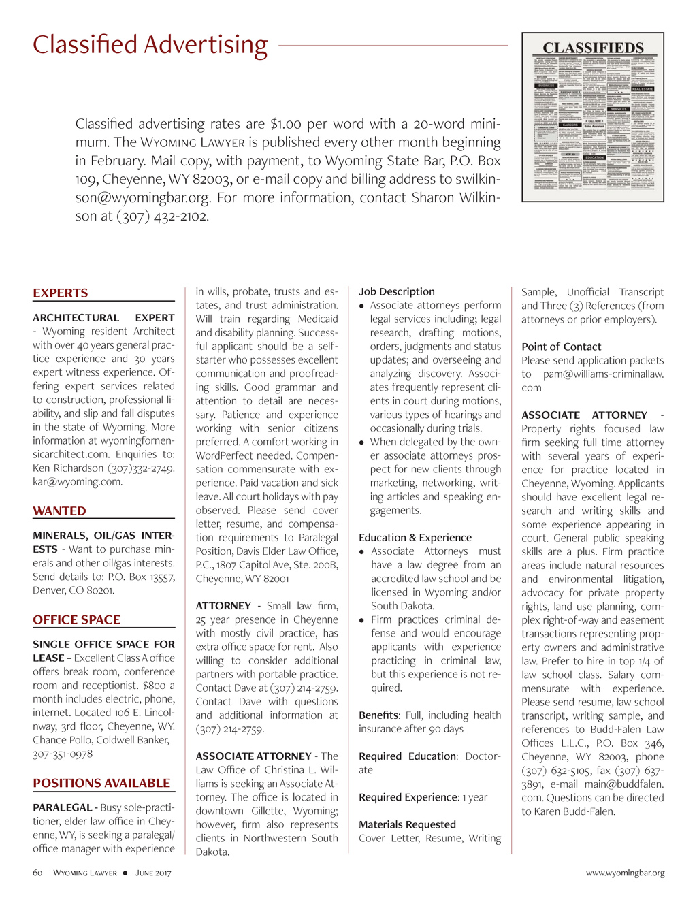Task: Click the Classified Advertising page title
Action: pos(150,45)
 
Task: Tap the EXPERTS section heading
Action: pos(61,293)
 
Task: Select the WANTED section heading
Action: pos(59,511)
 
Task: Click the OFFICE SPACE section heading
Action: pos(76,620)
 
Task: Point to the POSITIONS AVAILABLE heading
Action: pos(101,784)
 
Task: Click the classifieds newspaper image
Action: pos(593,117)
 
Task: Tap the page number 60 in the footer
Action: pos(37,873)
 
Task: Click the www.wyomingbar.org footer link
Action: pos(625,873)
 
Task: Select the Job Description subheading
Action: pos(396,291)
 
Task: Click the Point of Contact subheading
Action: pos(561,347)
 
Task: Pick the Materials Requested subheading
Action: pos(407,824)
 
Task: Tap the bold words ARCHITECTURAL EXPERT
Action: pos(103,318)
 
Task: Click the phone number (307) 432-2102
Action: pos(163,216)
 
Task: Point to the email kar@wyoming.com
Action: pos(78,482)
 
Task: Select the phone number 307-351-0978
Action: pos(63,754)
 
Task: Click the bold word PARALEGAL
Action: pos(62,808)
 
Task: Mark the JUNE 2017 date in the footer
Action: pos(153,873)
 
